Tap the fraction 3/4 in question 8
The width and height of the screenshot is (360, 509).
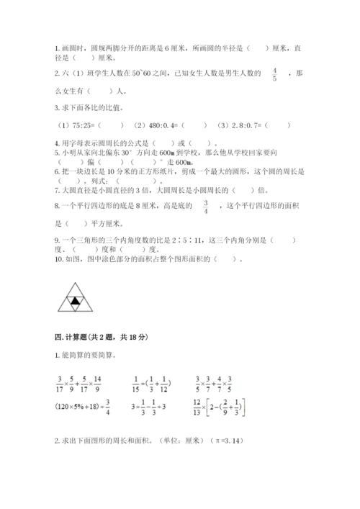(204, 209)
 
